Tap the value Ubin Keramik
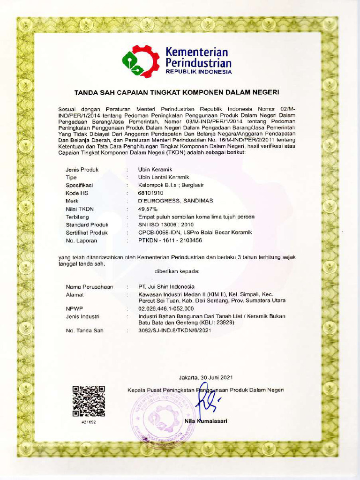coord(155,169)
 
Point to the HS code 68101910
coord(150,193)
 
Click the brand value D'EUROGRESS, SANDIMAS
coord(175,201)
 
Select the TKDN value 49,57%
coord(148,209)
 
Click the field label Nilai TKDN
coord(80,209)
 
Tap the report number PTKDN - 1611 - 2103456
coord(170,240)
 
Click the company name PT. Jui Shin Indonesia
coord(166,286)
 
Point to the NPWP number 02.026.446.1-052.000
coord(165,308)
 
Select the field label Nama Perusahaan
coord(89,286)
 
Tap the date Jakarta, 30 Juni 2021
coord(205,378)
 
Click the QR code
coord(89,401)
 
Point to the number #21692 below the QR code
coord(88,422)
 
